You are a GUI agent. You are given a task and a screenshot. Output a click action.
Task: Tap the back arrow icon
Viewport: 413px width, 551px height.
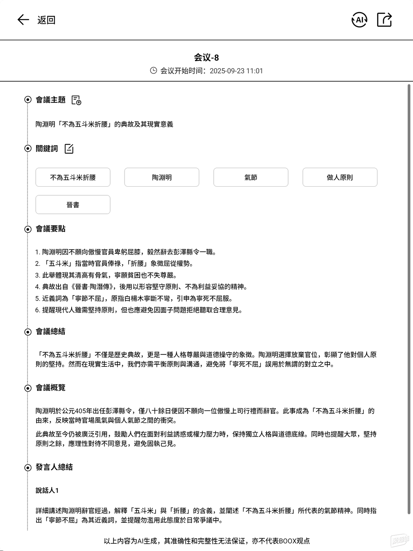(23, 20)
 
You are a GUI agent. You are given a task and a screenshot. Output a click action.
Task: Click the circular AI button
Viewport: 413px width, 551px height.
(359, 20)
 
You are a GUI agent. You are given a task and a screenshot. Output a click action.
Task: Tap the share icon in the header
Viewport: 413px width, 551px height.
(384, 20)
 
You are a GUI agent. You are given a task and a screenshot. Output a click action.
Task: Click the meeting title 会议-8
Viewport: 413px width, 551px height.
(206, 58)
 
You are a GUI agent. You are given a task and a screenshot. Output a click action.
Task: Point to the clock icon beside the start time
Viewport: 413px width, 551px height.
(153, 71)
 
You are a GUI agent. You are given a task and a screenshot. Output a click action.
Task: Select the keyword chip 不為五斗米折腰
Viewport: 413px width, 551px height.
(73, 177)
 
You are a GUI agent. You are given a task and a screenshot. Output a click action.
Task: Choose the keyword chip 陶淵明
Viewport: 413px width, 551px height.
(162, 177)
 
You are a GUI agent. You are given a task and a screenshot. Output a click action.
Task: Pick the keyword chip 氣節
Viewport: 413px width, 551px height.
(251, 177)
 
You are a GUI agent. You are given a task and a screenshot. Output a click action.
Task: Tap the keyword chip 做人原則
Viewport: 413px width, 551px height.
(340, 177)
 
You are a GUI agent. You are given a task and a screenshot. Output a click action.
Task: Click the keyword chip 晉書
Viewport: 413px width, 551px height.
(73, 205)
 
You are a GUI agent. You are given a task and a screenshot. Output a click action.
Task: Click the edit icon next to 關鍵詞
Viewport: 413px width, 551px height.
(69, 149)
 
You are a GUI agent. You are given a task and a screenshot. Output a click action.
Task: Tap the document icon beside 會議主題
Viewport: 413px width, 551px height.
(76, 100)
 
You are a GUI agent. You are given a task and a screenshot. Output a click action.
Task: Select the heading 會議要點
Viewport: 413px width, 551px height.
(51, 229)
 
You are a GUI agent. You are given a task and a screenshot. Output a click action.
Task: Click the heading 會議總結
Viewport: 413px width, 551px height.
(51, 332)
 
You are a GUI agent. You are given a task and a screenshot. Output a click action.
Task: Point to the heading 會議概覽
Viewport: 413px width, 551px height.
(51, 388)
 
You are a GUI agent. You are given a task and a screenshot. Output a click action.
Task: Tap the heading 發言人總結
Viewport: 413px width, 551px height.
(54, 467)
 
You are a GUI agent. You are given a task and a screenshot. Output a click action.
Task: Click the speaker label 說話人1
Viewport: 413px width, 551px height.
(47, 490)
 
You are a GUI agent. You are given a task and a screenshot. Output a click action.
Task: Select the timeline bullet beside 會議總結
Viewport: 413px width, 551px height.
(28, 332)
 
